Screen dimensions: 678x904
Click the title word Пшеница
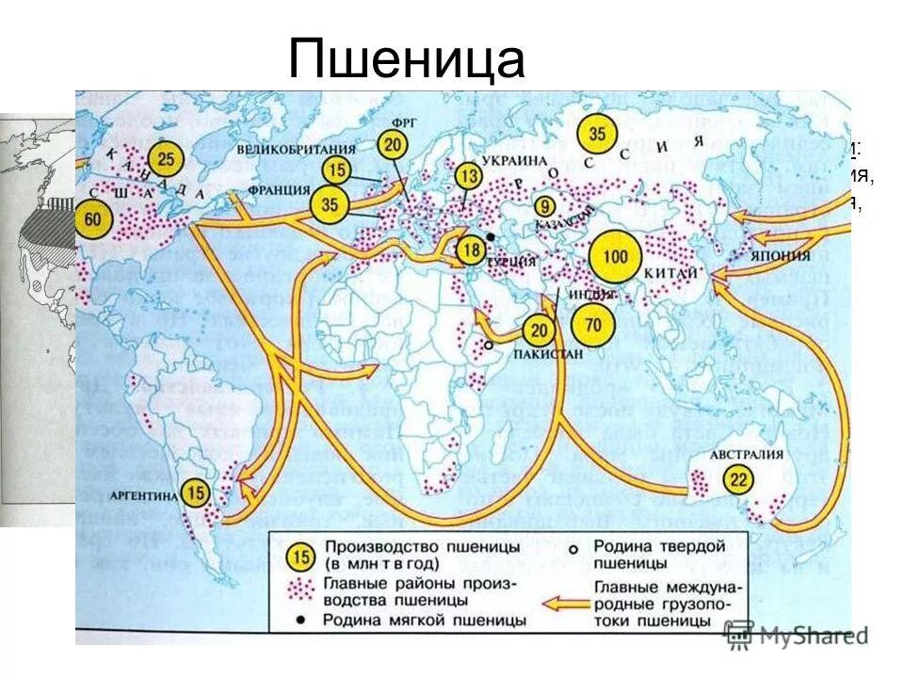coord(406,59)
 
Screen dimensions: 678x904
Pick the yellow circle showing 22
coord(741,480)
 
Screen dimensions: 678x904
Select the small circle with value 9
coord(542,206)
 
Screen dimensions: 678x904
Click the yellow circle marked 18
coord(473,250)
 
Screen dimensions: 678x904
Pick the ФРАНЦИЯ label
coord(279,187)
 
